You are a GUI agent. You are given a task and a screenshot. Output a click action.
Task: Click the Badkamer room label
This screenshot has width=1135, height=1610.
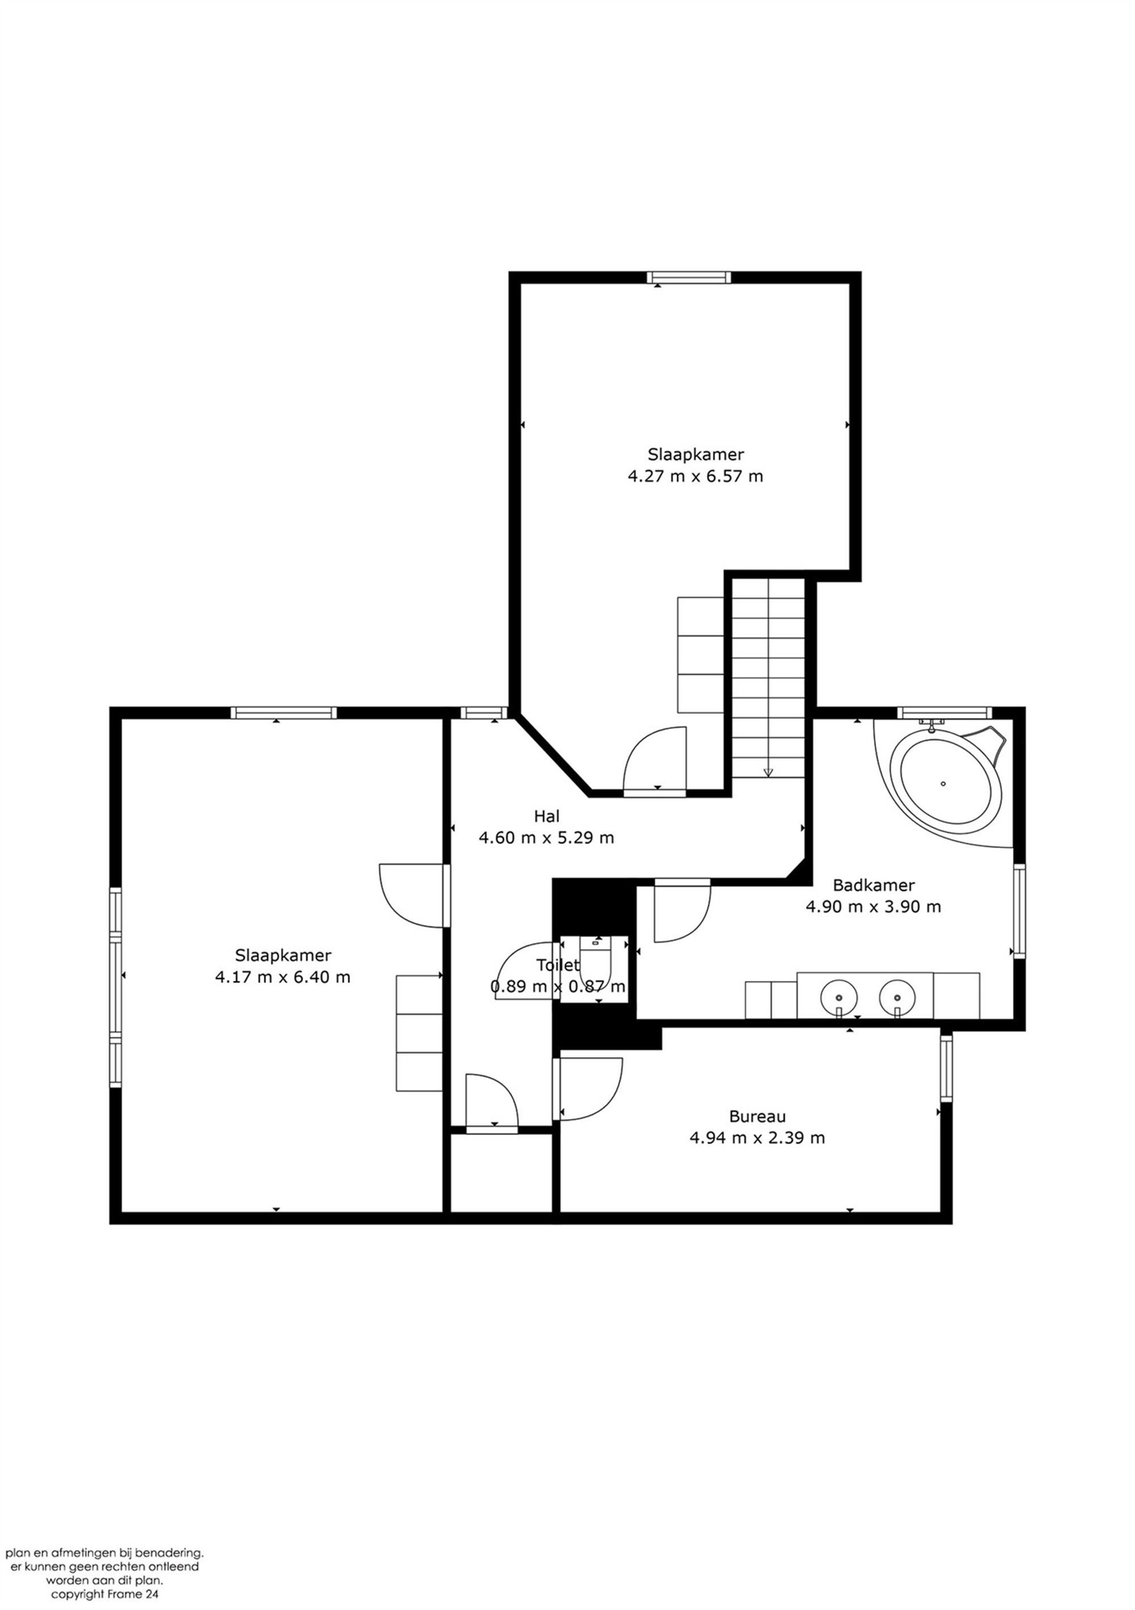(x=873, y=885)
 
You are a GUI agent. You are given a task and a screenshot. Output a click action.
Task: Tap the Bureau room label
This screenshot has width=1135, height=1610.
(x=757, y=1116)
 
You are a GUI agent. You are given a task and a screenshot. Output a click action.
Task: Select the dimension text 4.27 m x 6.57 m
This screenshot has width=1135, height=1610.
(x=695, y=476)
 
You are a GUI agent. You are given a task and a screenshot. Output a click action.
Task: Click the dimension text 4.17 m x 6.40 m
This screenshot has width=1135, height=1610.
(x=282, y=977)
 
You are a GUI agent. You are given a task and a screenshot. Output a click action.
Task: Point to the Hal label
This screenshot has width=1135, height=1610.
(x=547, y=816)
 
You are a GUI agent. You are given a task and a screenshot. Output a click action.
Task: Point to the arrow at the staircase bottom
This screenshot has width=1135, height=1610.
(x=768, y=772)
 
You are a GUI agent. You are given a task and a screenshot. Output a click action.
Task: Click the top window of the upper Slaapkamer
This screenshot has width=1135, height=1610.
(x=688, y=277)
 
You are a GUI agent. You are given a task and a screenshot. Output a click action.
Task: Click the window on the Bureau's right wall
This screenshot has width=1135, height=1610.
(x=946, y=1067)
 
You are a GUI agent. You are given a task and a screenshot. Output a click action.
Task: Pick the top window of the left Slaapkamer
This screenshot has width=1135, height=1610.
(x=283, y=713)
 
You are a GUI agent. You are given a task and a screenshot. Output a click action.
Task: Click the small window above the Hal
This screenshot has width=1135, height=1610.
(x=484, y=713)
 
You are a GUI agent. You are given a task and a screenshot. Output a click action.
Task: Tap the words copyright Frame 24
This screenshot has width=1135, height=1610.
(x=104, y=1594)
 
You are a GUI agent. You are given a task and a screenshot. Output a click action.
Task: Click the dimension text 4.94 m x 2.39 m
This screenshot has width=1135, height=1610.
(x=757, y=1137)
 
